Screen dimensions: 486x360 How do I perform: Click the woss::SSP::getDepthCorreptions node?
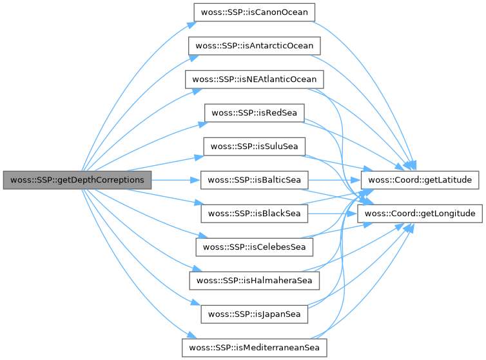click(77, 180)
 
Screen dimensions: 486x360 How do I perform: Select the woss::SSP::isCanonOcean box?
click(254, 12)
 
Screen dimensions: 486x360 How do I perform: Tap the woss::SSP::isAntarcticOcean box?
click(254, 46)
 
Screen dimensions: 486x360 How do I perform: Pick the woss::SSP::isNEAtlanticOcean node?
click(254, 79)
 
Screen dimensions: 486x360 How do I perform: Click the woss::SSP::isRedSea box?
click(254, 113)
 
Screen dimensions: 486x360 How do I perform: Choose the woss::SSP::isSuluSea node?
click(254, 146)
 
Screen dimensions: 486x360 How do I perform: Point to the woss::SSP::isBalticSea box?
click(254, 180)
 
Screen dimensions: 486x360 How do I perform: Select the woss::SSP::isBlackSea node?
click(254, 214)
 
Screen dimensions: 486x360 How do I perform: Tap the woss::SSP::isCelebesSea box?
click(254, 247)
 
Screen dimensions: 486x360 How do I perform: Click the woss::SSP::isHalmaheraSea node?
click(254, 281)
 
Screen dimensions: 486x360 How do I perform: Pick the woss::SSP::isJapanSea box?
click(254, 314)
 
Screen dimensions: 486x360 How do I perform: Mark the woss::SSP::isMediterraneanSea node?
click(254, 348)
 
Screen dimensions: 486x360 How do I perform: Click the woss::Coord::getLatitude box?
click(420, 180)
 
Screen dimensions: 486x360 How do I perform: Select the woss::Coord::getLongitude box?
click(420, 214)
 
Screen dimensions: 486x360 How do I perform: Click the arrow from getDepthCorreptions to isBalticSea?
click(176, 180)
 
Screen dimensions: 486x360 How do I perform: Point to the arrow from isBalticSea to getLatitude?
click(335, 180)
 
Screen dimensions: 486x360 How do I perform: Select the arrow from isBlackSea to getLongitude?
click(333, 214)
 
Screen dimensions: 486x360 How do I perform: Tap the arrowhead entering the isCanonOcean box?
click(192, 25)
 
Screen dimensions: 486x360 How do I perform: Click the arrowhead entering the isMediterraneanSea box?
click(191, 335)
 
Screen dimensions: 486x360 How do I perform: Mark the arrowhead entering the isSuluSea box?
click(199, 157)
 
